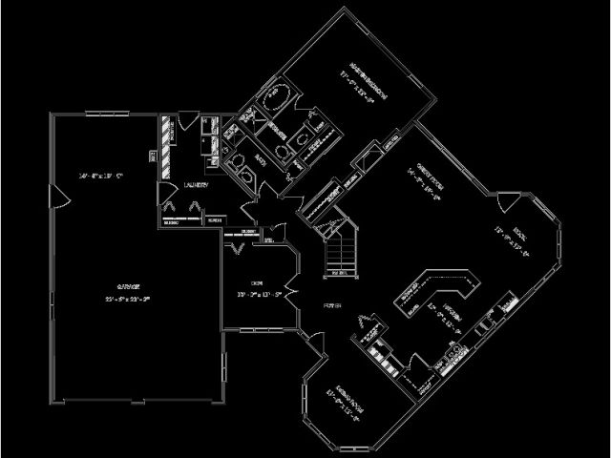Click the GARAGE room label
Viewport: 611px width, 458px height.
click(x=130, y=286)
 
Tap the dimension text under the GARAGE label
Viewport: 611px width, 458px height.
click(x=131, y=299)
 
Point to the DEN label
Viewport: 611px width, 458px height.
click(x=256, y=283)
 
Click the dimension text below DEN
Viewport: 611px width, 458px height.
click(x=257, y=295)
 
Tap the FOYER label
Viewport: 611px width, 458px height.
click(x=333, y=305)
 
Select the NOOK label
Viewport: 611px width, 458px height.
click(x=519, y=232)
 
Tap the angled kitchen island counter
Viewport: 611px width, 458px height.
click(x=439, y=286)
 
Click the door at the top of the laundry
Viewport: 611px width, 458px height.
click(x=186, y=120)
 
